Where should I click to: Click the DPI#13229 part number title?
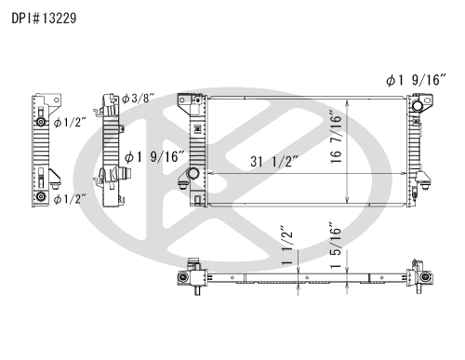tap(44, 19)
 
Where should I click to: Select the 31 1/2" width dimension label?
tap(274, 162)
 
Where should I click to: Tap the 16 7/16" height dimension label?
tap(336, 137)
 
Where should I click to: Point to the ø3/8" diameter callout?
tap(138, 99)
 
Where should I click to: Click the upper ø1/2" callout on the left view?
tap(70, 123)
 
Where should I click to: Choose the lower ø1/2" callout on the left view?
tap(70, 199)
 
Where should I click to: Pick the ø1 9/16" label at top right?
tap(416, 80)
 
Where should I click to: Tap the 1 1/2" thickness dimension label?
tap(287, 246)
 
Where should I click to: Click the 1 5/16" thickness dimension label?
tap(336, 246)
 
